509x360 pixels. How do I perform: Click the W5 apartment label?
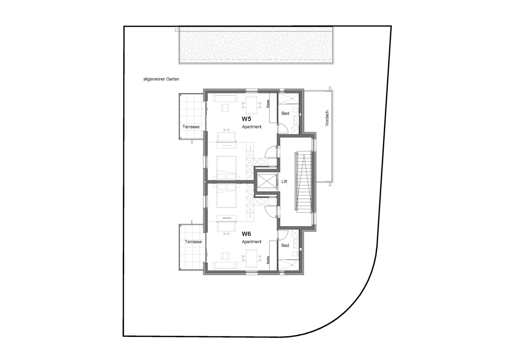(246, 119)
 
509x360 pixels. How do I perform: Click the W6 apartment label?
(246, 234)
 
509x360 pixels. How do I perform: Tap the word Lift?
(284, 181)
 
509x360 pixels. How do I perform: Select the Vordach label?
(327, 118)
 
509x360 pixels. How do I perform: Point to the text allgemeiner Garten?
(161, 79)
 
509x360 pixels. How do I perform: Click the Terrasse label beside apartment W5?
(191, 127)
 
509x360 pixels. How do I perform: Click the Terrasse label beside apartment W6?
(193, 242)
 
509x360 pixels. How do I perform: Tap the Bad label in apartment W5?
(285, 113)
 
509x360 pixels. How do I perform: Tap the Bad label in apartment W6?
(285, 246)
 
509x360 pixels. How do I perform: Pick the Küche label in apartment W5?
(268, 104)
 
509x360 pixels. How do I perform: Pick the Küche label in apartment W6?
(268, 260)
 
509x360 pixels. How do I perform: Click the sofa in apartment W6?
(225, 265)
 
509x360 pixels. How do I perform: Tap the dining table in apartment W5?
(251, 105)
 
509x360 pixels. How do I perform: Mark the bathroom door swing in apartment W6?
(283, 235)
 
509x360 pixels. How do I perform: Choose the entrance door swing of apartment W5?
(271, 152)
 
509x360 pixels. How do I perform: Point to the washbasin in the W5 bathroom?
(296, 120)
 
